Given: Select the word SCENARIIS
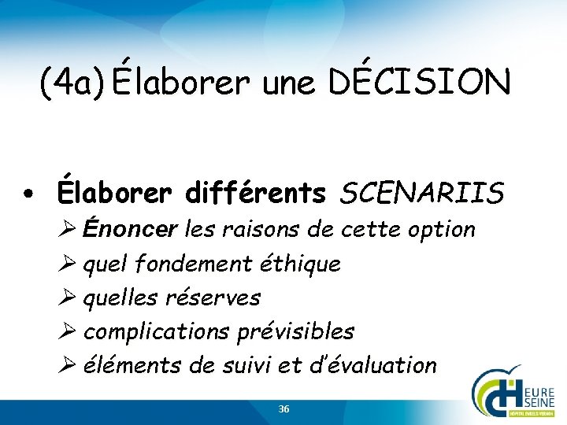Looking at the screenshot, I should pos(422,192).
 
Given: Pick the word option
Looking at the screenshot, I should pos(443,230).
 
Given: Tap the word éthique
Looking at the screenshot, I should pos(303,264).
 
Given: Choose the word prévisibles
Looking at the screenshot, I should pos(295,331).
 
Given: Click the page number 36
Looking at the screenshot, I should pos(283,409).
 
